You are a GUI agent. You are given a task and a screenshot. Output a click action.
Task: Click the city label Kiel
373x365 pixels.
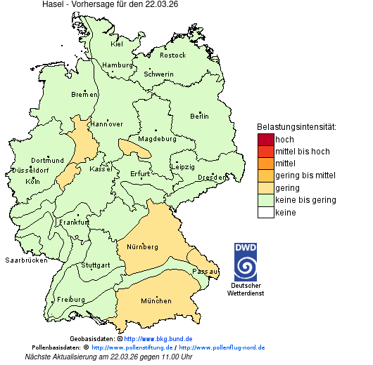tap(117, 44)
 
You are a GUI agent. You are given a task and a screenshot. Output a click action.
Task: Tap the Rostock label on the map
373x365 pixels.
tap(173, 55)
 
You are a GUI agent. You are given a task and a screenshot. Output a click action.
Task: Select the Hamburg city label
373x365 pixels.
tap(118, 65)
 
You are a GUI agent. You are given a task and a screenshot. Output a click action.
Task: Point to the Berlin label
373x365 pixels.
tap(199, 116)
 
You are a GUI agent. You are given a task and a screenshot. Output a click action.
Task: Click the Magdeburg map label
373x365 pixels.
tap(157, 138)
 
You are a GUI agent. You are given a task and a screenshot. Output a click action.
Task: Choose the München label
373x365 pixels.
tap(156, 301)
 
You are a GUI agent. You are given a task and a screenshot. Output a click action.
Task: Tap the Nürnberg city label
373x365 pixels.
tap(142, 247)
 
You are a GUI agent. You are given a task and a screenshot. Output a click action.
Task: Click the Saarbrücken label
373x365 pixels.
tap(26, 260)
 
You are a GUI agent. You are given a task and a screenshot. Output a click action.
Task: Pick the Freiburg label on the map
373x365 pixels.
tap(71, 300)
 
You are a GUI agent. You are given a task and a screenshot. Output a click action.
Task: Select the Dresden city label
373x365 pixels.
tap(212, 178)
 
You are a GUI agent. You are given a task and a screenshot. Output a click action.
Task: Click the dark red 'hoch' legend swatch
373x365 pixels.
tap(265, 139)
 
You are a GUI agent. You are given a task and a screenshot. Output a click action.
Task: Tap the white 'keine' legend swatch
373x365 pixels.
tap(265, 212)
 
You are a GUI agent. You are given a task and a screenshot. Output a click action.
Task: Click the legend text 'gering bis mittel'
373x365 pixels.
tap(305, 175)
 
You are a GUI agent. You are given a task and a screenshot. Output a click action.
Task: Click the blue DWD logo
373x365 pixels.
tap(246, 262)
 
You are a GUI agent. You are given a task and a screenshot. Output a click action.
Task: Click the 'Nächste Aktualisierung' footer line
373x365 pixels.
tap(108, 357)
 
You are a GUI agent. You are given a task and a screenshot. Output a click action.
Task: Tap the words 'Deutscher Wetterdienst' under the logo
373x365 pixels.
tap(246, 289)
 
